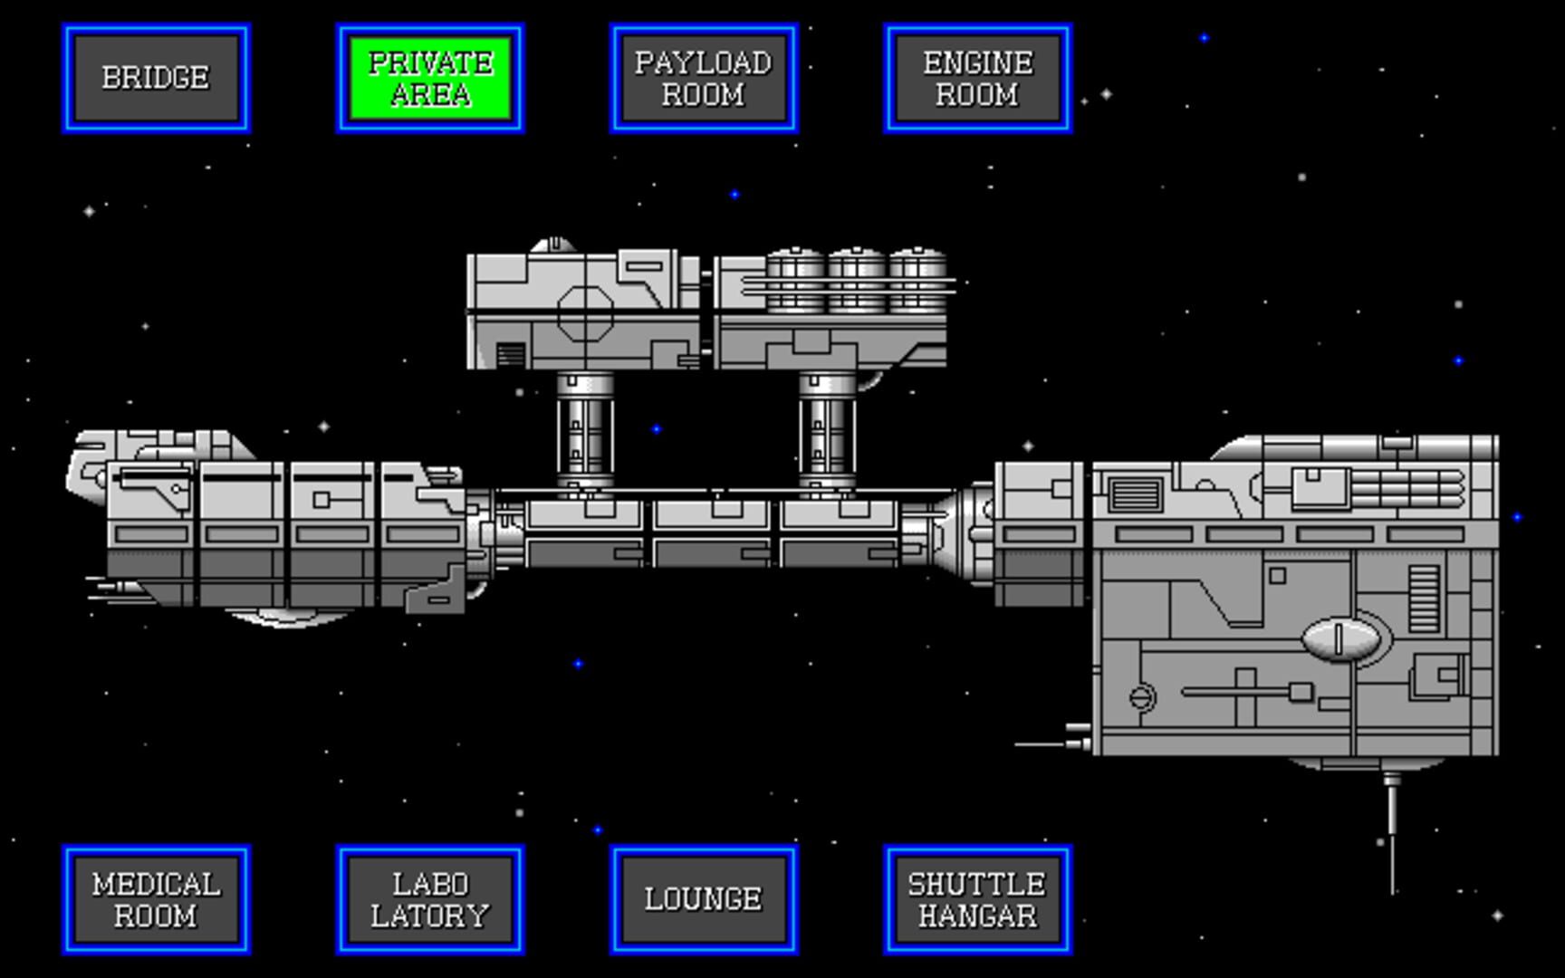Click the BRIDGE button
(x=156, y=78)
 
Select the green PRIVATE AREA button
(x=430, y=78)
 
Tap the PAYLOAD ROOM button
(x=704, y=78)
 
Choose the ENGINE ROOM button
(x=978, y=78)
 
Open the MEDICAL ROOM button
(x=156, y=899)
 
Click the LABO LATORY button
(x=430, y=899)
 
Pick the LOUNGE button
(x=704, y=899)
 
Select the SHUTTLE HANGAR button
(x=978, y=899)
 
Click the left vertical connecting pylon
(x=585, y=430)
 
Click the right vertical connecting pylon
(x=827, y=430)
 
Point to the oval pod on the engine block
(x=1341, y=639)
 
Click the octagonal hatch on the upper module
(x=585, y=313)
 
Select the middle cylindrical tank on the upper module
(x=857, y=281)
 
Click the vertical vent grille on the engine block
(x=1425, y=598)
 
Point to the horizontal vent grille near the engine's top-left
(x=1136, y=495)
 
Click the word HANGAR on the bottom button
(x=978, y=916)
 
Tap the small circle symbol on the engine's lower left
(x=1142, y=697)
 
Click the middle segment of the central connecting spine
(x=715, y=532)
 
